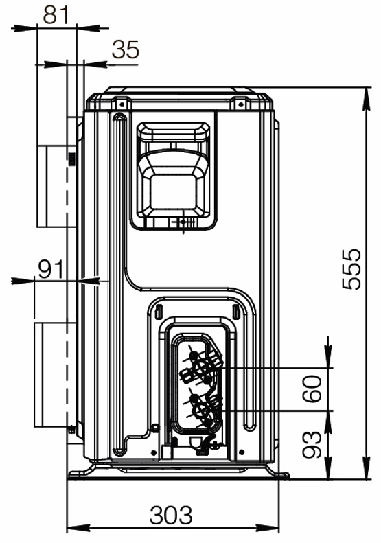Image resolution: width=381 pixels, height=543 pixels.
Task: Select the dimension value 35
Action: point(126,49)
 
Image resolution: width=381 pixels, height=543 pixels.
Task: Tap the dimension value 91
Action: point(51,269)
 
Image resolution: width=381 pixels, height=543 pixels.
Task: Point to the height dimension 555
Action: point(351,269)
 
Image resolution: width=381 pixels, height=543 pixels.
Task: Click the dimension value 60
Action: point(312,389)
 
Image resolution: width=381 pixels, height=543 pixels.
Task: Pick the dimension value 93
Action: point(312,445)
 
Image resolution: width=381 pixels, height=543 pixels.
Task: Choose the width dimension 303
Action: point(171,515)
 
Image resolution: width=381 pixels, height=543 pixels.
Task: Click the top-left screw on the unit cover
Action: point(122,104)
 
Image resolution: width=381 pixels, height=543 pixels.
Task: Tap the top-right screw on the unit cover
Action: point(241,104)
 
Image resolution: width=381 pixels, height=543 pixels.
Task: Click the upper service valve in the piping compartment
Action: point(200,367)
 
